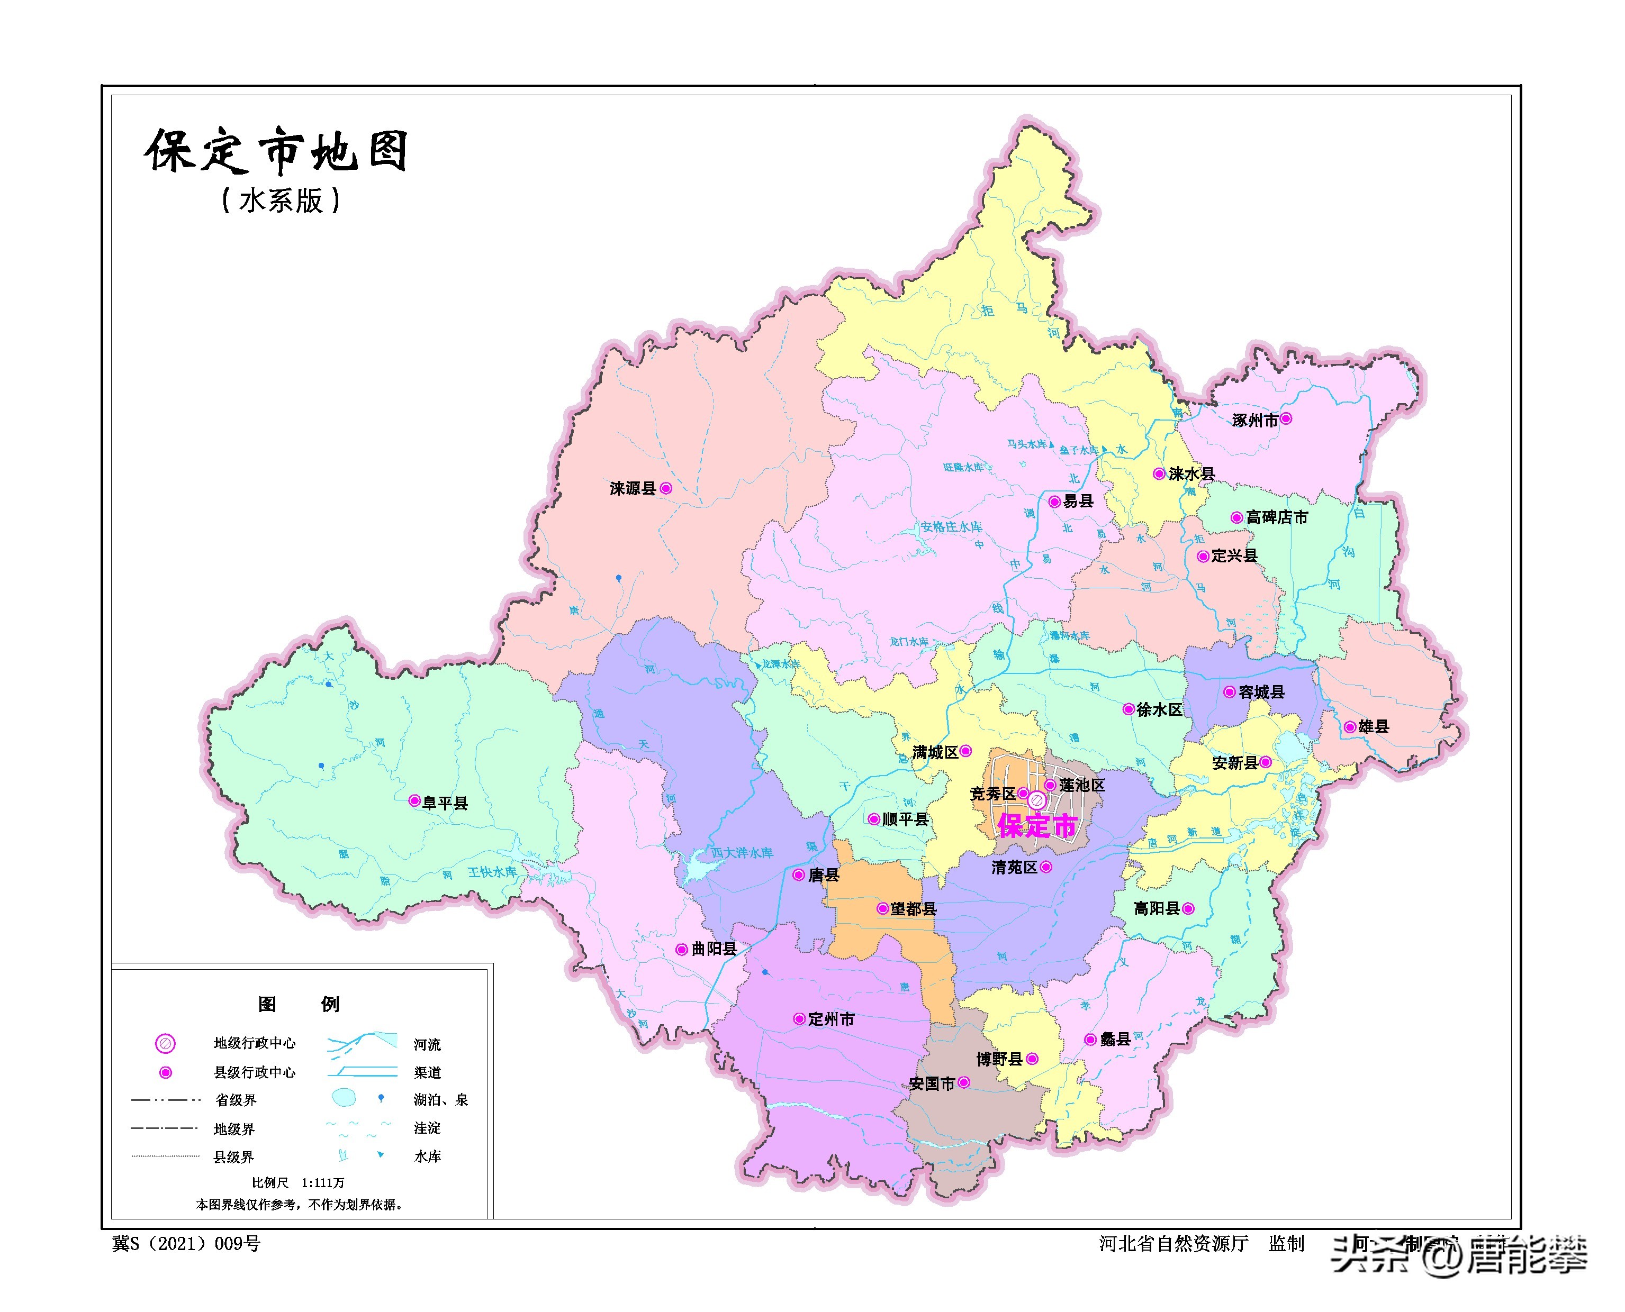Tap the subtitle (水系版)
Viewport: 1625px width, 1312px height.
(x=281, y=201)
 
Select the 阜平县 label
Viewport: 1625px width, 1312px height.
(x=445, y=803)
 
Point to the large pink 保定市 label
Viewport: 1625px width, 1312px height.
(x=1037, y=826)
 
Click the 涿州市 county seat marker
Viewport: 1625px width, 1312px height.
(x=1286, y=418)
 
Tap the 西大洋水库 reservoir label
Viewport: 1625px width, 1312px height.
(x=741, y=852)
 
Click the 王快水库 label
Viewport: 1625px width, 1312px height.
(x=492, y=872)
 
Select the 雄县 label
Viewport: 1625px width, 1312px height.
(x=1373, y=727)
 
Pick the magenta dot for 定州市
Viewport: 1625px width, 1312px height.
(x=799, y=1019)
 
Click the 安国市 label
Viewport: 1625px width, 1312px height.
(x=932, y=1084)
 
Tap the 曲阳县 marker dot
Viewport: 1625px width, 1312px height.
(x=681, y=949)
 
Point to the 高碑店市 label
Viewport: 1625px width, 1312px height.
(x=1276, y=518)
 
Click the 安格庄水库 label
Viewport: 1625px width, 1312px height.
(x=951, y=527)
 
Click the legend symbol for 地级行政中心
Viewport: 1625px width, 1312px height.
(x=165, y=1044)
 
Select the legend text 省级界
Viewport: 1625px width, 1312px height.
(x=235, y=1100)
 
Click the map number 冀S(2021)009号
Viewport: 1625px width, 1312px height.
(x=186, y=1244)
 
